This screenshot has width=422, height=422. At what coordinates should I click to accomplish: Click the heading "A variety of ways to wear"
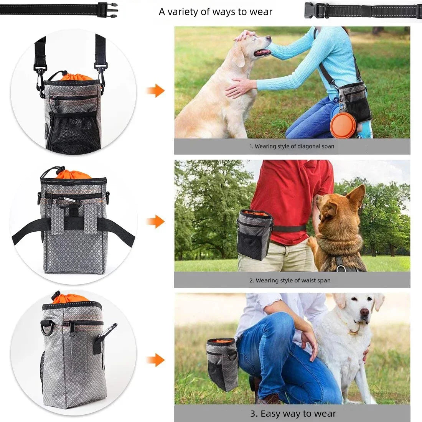(215, 12)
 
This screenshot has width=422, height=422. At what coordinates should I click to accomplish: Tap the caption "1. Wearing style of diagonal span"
(292, 146)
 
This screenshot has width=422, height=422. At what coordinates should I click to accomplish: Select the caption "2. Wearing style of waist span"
(290, 280)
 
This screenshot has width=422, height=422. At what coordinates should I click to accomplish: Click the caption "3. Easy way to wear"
(293, 414)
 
